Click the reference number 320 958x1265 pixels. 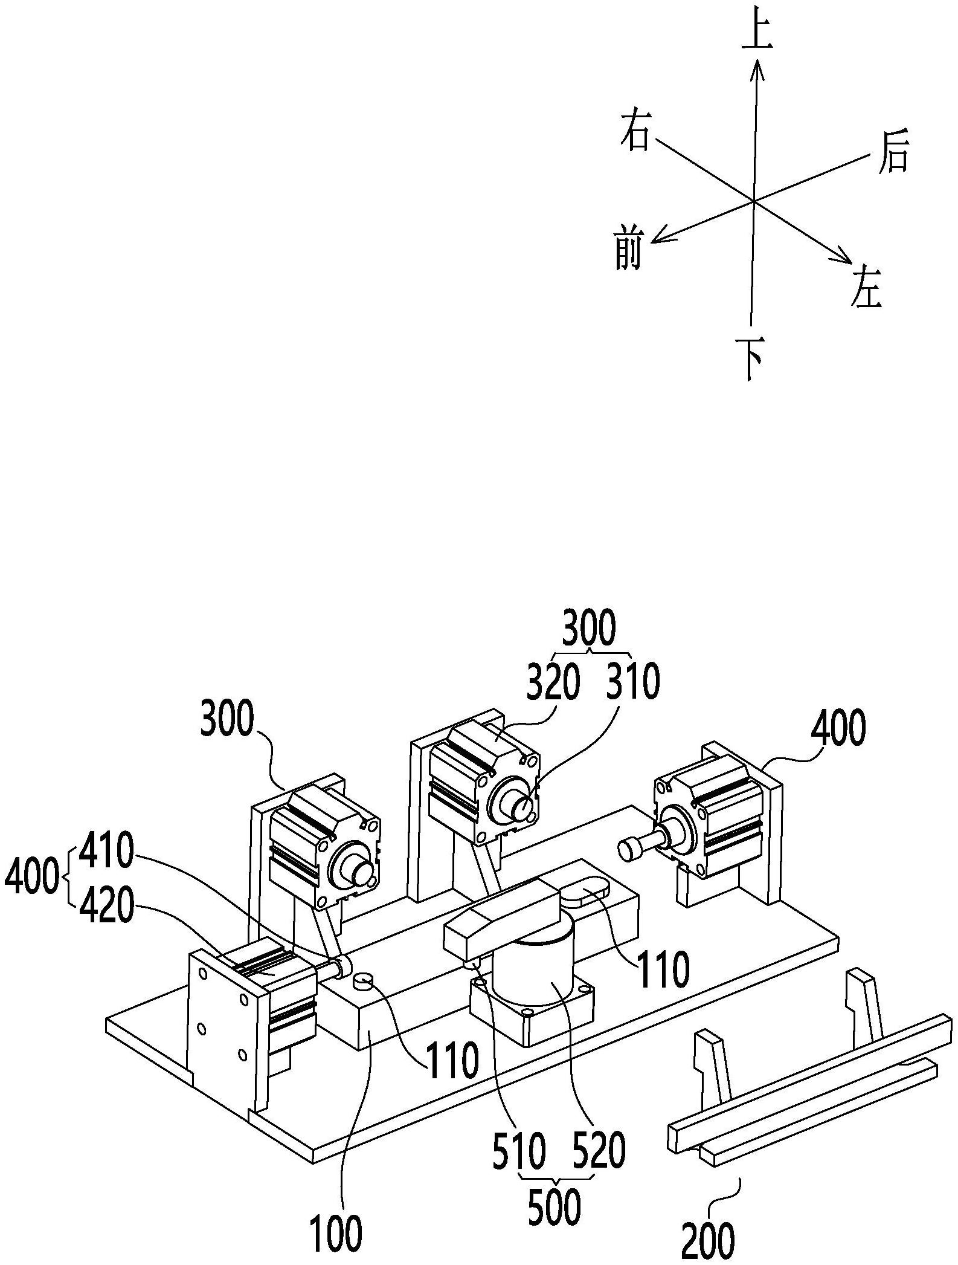[x=553, y=682]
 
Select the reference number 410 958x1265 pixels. [x=107, y=853]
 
